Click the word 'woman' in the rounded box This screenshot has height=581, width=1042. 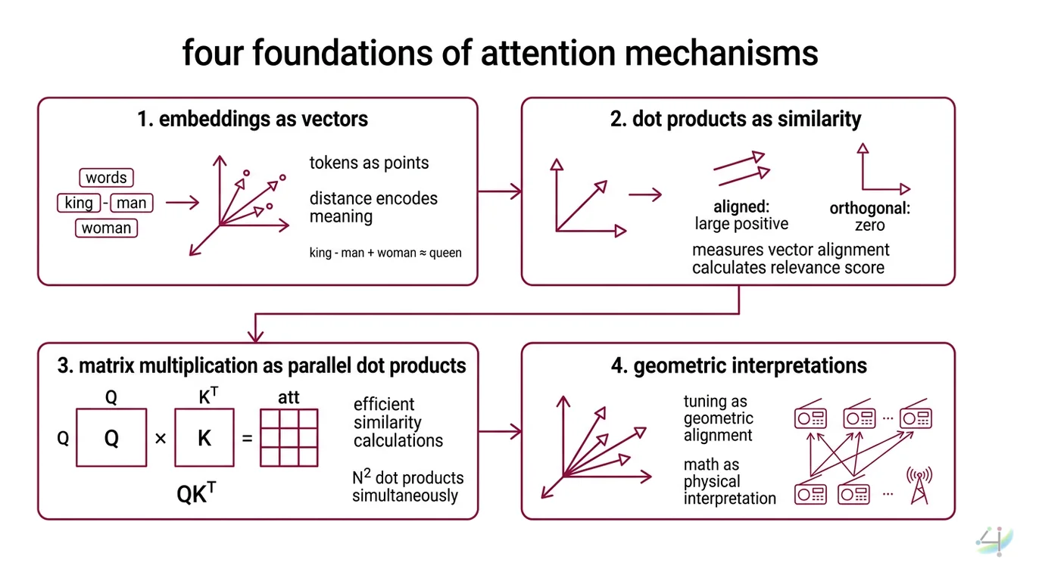[x=106, y=228]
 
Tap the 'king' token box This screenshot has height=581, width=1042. [x=79, y=203]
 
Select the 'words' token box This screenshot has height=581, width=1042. [x=106, y=178]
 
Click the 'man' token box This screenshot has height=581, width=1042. [x=132, y=203]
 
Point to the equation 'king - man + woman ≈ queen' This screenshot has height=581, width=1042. [x=385, y=253]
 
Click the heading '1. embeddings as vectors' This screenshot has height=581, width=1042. [x=253, y=119]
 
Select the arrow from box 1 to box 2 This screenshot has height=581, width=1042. [x=500, y=191]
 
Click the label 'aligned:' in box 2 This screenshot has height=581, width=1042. [x=741, y=207]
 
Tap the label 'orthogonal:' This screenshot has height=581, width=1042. [x=869, y=209]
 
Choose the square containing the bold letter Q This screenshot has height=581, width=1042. [x=111, y=438]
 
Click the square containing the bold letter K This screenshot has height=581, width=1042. [x=204, y=438]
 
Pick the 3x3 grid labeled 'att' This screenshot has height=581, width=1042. [x=289, y=438]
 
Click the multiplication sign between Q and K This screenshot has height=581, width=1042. [x=161, y=438]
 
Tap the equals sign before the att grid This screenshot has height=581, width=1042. [x=247, y=438]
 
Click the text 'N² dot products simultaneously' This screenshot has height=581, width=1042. [x=407, y=486]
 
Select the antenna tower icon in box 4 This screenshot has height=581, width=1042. [x=919, y=485]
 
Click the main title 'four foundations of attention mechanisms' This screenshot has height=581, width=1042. [x=500, y=54]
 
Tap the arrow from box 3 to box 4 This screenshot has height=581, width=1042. [x=500, y=432]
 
